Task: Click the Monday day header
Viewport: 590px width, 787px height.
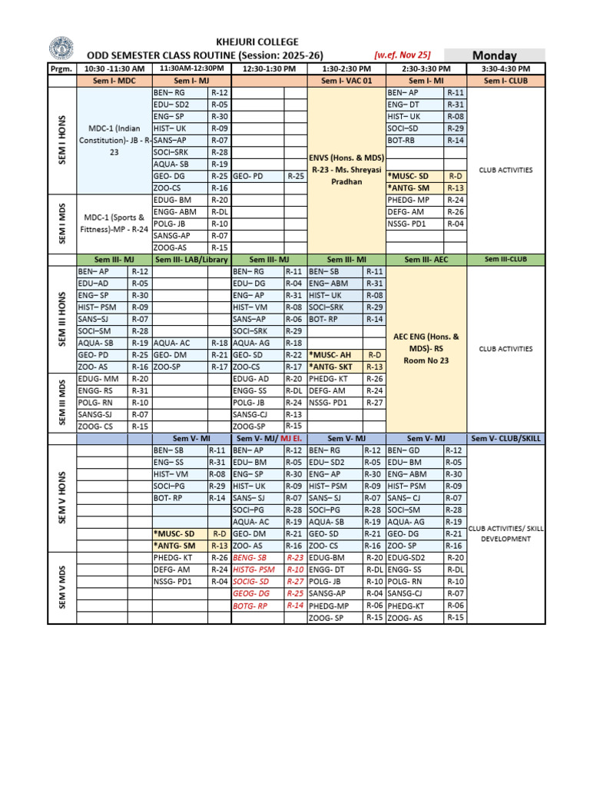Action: click(x=494, y=55)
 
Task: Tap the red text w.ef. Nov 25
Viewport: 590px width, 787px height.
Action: click(x=402, y=55)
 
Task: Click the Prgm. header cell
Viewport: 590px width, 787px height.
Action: click(x=61, y=68)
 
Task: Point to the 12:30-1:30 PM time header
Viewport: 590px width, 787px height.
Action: click(x=268, y=68)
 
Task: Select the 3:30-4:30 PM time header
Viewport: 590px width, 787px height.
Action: click(x=505, y=68)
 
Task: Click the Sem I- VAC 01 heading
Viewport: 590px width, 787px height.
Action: click(x=346, y=80)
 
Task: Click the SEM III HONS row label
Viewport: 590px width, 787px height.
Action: click(x=61, y=319)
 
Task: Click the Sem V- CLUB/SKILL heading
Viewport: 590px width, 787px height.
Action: click(x=505, y=438)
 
